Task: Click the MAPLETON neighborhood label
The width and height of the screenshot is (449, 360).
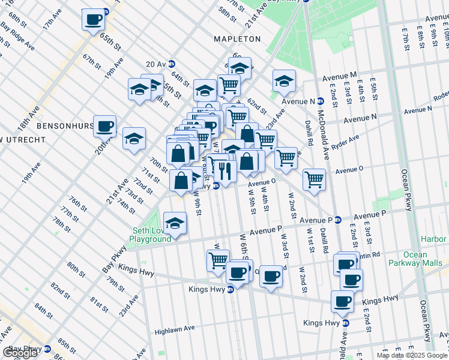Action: (238, 39)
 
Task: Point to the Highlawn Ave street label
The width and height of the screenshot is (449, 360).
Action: (175, 329)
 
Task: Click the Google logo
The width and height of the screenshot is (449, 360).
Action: (20, 353)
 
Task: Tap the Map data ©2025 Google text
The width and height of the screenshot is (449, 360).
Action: (412, 355)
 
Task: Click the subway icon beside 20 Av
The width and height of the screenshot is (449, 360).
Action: (172, 64)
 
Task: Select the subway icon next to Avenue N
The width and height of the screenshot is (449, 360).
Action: (321, 100)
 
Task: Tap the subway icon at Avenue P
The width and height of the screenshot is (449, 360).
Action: (338, 220)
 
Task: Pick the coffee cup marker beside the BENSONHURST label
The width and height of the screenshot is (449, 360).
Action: (104, 125)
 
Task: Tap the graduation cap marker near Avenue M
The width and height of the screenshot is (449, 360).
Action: (284, 80)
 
